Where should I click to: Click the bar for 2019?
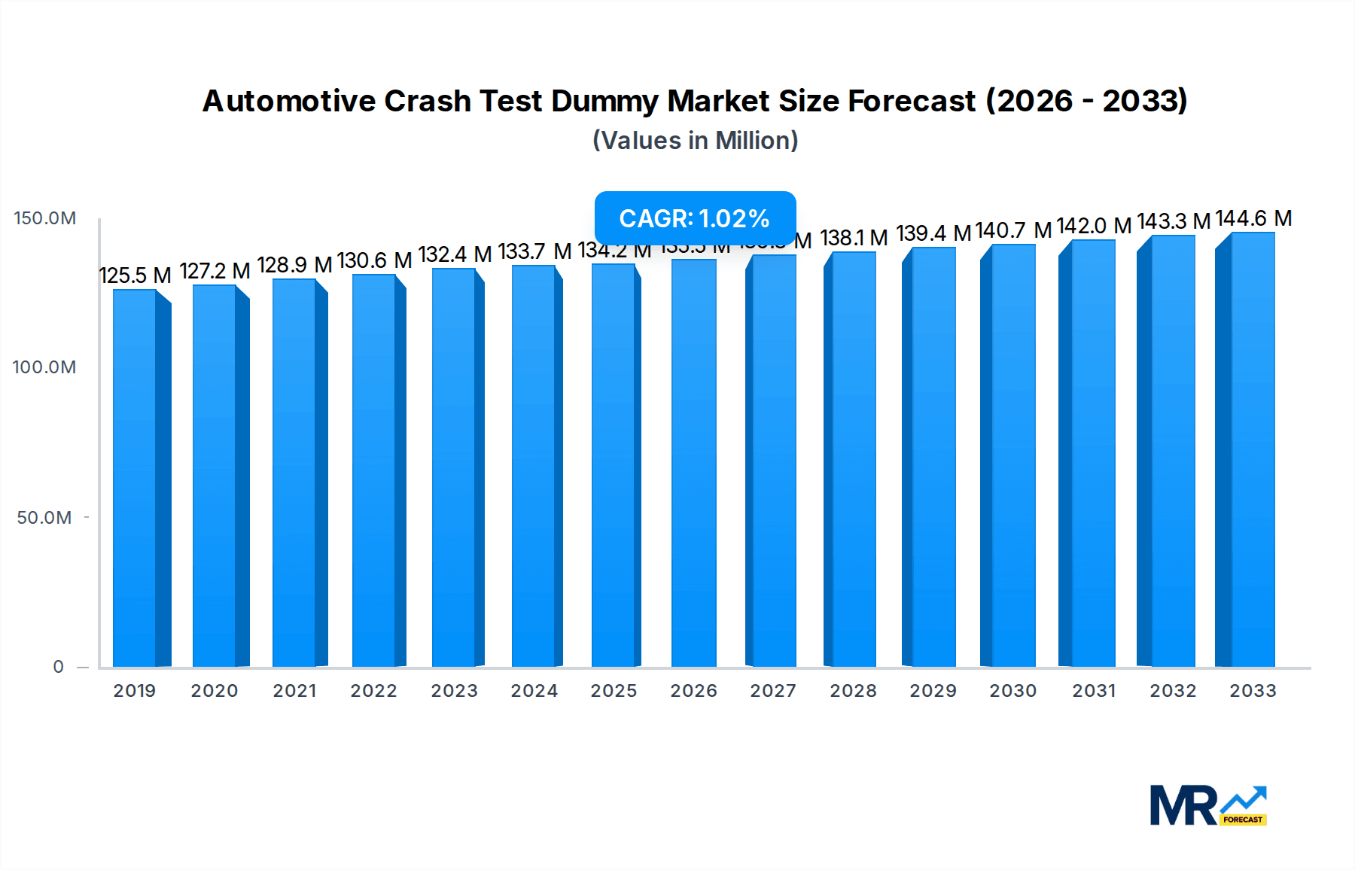pyautogui.click(x=135, y=478)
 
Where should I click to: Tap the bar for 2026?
pyautogui.click(x=693, y=463)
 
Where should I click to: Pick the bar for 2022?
pyautogui.click(x=374, y=470)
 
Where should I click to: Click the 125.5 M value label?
pyautogui.click(x=135, y=275)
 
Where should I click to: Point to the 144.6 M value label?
pyautogui.click(x=1253, y=218)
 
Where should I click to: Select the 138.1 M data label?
pyautogui.click(x=854, y=238)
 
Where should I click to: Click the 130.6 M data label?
pyautogui.click(x=374, y=260)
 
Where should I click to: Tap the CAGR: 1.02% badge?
pyautogui.click(x=695, y=218)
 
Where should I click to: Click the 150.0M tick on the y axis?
pyautogui.click(x=45, y=218)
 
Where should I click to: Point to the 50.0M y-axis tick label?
pyautogui.click(x=44, y=518)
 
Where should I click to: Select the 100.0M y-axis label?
pyautogui.click(x=44, y=367)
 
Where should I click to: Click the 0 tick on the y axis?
pyautogui.click(x=58, y=667)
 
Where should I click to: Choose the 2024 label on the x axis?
pyautogui.click(x=534, y=691)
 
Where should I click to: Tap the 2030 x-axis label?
pyautogui.click(x=1012, y=691)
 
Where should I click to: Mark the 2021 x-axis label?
pyautogui.click(x=294, y=691)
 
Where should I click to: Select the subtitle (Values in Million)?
pyautogui.click(x=695, y=141)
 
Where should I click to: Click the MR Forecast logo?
pyautogui.click(x=1207, y=805)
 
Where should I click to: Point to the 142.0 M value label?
pyautogui.click(x=1094, y=226)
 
